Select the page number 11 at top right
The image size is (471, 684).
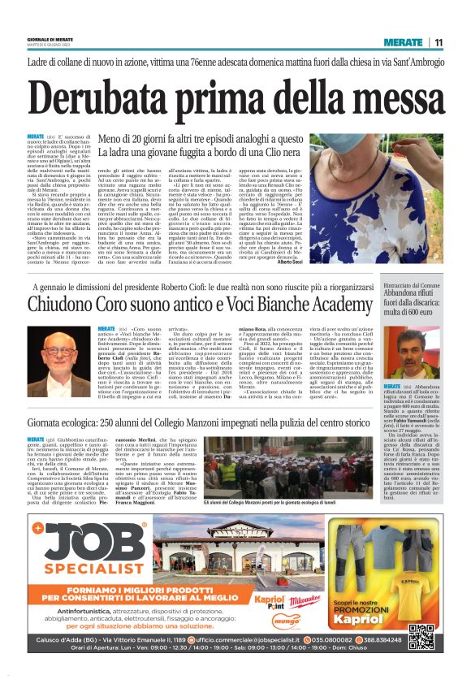(439, 43)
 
